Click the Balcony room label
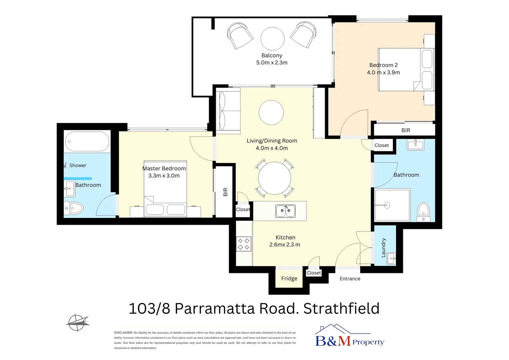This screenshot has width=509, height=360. [271, 55]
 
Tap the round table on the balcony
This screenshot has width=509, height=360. [272, 39]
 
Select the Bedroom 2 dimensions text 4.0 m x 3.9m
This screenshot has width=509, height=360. [383, 72]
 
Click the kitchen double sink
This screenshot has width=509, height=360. [285, 211]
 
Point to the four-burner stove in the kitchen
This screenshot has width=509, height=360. [244, 244]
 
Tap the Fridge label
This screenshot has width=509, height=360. [289, 278]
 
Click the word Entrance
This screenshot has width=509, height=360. [350, 279]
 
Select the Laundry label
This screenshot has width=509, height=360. [383, 248]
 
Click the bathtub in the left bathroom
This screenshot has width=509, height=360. [87, 142]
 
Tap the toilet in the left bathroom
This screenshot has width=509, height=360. [74, 209]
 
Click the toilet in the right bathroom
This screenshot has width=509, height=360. [424, 211]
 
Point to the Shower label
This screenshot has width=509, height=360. [78, 165]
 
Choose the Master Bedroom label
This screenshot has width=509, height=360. [164, 168]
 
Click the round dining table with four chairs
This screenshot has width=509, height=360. [274, 178]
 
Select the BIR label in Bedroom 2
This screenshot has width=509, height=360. [406, 130]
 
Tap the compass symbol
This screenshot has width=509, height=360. [77, 322]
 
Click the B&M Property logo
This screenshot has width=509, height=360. [349, 337]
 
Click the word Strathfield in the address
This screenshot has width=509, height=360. [341, 308]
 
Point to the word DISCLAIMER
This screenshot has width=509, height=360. [123, 333]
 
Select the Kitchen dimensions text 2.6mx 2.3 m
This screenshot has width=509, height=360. [285, 245]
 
